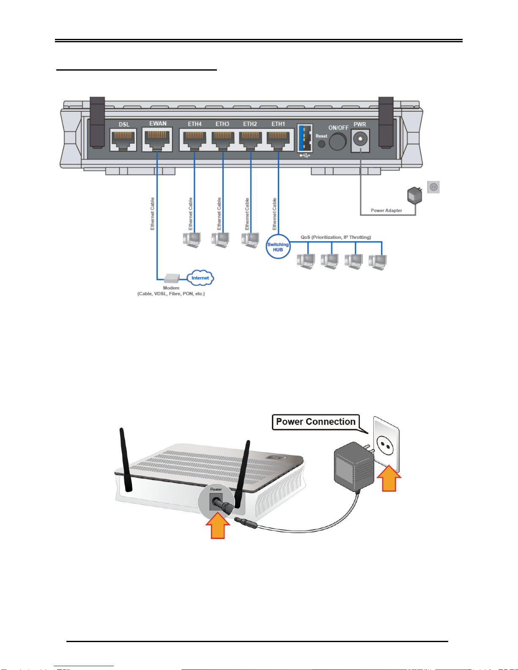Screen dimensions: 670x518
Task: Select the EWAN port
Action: point(157,139)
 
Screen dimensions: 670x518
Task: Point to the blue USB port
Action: point(304,138)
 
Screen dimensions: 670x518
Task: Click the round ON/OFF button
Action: point(337,142)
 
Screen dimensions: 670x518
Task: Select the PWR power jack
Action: point(360,139)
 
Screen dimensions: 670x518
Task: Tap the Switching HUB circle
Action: point(278,247)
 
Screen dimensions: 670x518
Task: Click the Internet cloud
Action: point(200,278)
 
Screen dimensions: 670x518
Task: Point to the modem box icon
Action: point(171,278)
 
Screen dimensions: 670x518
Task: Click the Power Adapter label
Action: point(386,211)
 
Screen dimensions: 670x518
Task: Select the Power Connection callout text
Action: point(315,422)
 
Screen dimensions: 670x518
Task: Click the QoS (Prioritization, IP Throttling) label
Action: point(336,237)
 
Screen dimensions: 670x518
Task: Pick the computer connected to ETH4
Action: point(192,240)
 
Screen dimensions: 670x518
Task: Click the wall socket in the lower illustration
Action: point(386,442)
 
